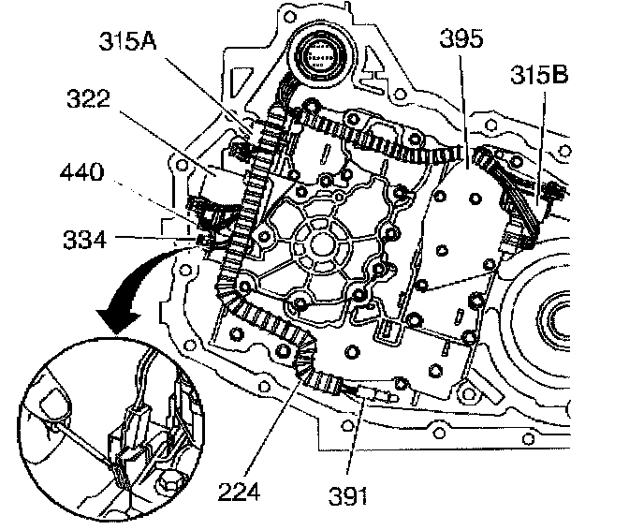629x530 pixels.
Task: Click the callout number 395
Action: (x=461, y=39)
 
